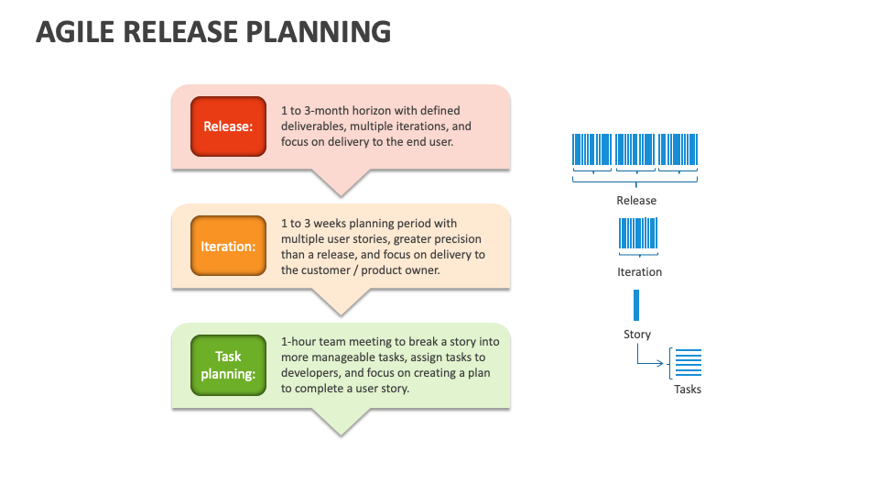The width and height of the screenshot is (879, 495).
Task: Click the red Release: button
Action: click(228, 126)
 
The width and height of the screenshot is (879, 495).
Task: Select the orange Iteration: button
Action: click(228, 246)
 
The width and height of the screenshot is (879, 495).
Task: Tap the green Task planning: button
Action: click(228, 366)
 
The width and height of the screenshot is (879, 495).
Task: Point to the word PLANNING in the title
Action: click(319, 32)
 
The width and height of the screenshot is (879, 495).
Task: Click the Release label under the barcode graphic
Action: click(636, 201)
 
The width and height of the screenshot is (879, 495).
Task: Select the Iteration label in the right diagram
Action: click(639, 271)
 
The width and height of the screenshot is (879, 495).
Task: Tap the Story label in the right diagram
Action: click(637, 335)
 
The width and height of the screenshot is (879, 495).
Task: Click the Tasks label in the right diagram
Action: click(688, 389)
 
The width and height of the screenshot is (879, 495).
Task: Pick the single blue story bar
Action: click(636, 304)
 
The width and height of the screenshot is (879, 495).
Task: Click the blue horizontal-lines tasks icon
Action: click(689, 363)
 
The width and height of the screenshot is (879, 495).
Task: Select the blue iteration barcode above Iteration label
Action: click(638, 233)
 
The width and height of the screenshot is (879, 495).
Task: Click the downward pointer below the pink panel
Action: click(341, 183)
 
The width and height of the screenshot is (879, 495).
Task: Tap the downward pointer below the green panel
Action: click(341, 422)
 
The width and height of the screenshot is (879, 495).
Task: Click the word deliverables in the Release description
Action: click(312, 126)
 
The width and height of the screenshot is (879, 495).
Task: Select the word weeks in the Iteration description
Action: click(330, 224)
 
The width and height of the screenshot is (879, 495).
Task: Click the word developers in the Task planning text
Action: click(310, 373)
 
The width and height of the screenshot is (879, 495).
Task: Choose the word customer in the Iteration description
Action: click(328, 270)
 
